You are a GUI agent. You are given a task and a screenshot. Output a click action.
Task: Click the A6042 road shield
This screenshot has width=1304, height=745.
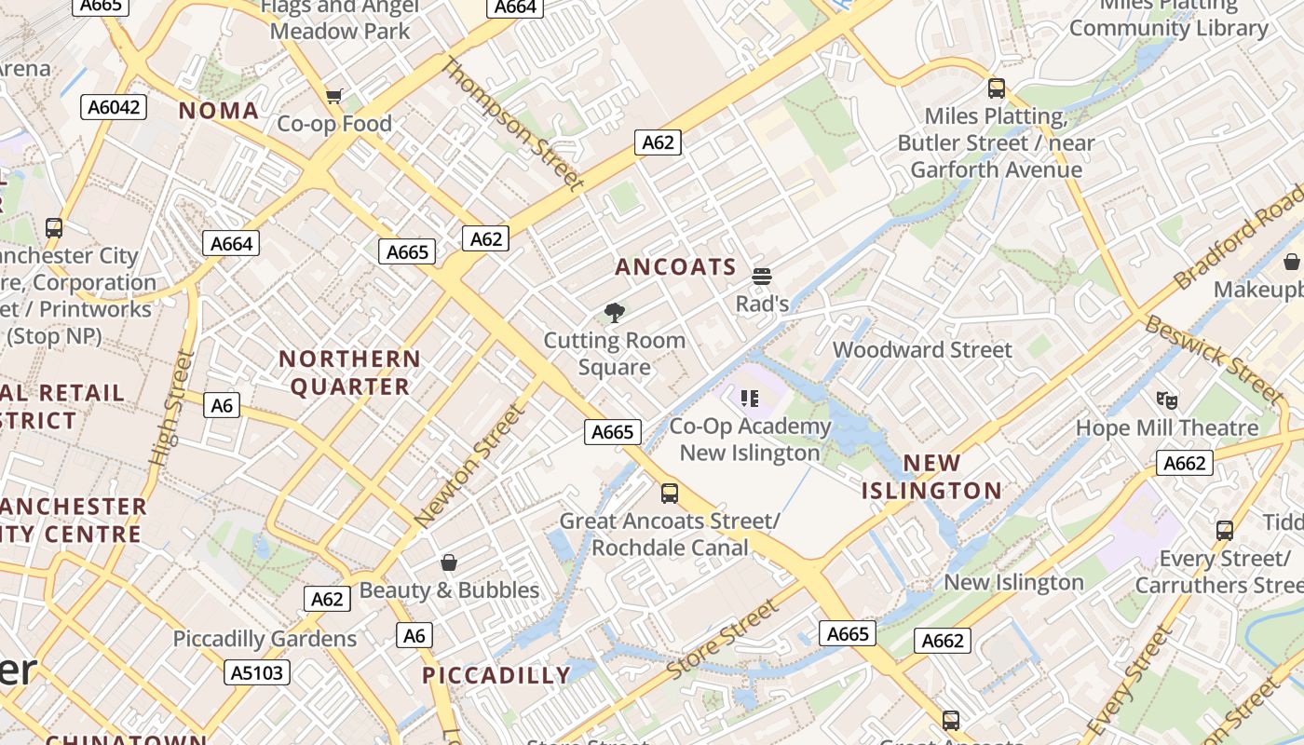115,107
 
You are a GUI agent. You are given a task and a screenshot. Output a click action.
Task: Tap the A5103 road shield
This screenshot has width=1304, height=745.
257,672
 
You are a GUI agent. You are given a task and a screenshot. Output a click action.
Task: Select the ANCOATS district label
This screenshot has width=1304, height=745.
675,267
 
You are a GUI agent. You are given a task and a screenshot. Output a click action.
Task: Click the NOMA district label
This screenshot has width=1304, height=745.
219,111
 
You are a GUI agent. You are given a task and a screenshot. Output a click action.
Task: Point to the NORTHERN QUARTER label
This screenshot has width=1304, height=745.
350,372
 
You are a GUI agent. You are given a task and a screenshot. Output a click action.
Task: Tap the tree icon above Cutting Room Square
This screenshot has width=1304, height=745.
614,313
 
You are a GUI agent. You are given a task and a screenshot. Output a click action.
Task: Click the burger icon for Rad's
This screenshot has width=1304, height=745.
762,276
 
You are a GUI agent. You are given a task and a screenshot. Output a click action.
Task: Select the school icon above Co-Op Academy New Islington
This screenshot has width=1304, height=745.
750,399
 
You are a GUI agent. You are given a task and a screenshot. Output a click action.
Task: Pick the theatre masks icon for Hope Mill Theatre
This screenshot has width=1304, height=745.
1166,400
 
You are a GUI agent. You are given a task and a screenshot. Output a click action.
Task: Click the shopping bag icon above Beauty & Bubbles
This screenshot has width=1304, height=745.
449,562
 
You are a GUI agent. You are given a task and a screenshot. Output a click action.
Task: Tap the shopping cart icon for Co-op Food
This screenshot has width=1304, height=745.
334,96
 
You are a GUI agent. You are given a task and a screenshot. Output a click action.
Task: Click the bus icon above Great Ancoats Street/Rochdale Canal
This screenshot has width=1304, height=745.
669,494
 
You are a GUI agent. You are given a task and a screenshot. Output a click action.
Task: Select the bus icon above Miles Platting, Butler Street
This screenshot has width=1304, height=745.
997,88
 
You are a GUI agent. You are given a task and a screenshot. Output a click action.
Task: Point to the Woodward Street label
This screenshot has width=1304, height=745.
922,350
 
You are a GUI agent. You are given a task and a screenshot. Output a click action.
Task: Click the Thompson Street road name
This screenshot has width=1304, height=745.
511,124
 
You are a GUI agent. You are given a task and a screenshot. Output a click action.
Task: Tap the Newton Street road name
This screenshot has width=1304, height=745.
469,467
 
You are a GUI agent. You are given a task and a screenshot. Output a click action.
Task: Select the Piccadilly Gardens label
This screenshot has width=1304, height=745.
265,640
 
